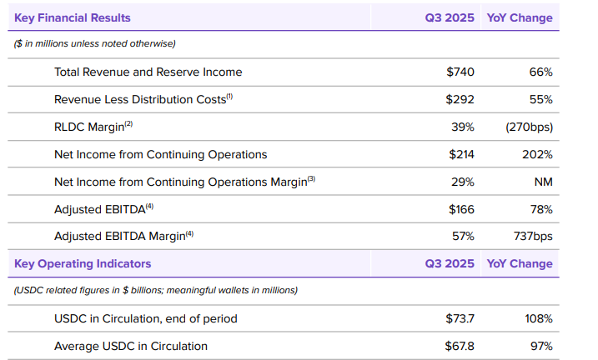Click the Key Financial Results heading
coord(73,17)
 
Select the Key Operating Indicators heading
coord(83,263)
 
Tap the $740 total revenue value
coord(460,72)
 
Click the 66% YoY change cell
coord(540,72)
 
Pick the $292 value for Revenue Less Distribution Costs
coord(460,99)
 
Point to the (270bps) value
coord(529,127)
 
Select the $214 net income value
coord(460,154)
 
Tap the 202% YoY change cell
coord(537,154)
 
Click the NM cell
coord(543,182)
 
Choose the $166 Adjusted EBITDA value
coord(460,208)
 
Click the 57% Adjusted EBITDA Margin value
coord(463,236)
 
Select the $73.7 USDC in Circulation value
coord(460,318)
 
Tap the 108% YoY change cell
coord(538,318)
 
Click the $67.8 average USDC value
coord(460,346)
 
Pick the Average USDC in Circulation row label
coord(131,346)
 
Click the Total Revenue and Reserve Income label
coord(148,72)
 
